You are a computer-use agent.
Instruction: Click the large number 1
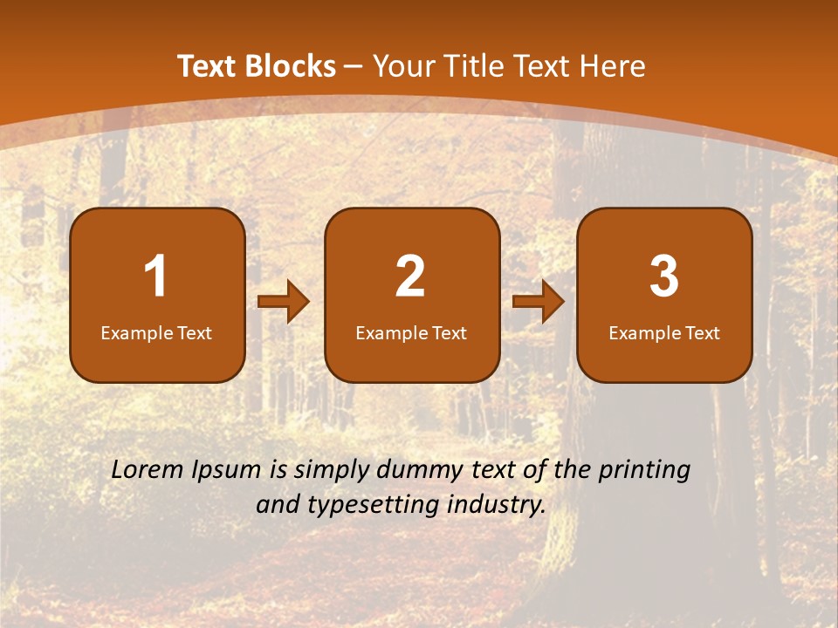coord(156,276)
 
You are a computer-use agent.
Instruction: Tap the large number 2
coord(410,276)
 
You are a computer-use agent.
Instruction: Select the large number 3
coord(664,276)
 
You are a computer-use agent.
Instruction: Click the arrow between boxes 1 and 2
coord(284,303)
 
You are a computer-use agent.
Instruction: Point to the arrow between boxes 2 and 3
coord(539,303)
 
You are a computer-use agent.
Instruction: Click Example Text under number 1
coord(156,333)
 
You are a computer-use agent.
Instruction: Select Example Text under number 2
coord(411,333)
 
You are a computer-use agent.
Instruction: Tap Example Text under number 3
coord(664,333)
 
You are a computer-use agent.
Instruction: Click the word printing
coord(644,471)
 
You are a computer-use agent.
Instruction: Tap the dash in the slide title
coord(354,67)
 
